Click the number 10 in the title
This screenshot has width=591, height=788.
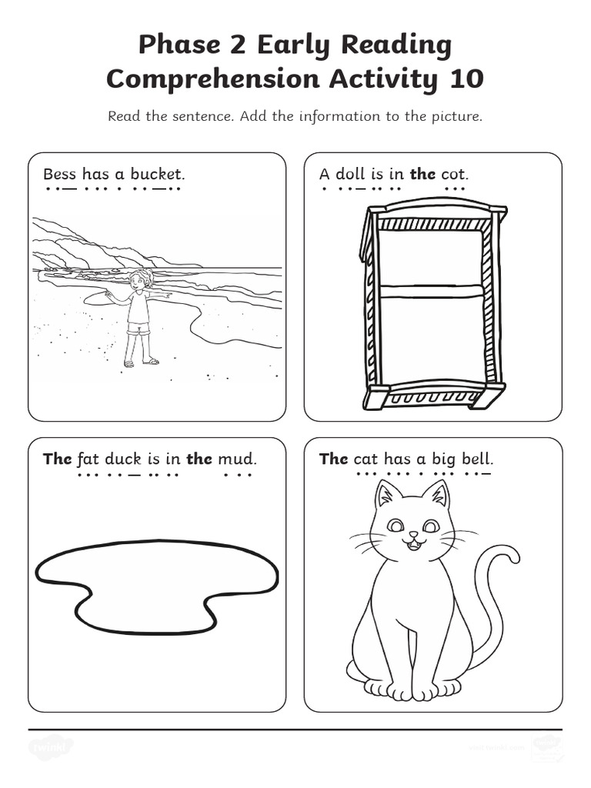(x=464, y=78)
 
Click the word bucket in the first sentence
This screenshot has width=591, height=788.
(x=157, y=175)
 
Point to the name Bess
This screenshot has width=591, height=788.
(x=60, y=175)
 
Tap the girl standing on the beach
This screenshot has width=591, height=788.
(x=139, y=316)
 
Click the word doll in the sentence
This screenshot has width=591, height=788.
(x=350, y=175)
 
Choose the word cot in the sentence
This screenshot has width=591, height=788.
(x=454, y=175)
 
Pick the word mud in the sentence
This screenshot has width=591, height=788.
(x=235, y=459)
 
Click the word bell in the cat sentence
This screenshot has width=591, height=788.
(x=476, y=459)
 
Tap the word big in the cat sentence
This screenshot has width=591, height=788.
(x=443, y=459)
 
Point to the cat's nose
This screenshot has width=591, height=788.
(x=412, y=534)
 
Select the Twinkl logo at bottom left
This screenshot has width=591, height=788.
(x=51, y=746)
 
